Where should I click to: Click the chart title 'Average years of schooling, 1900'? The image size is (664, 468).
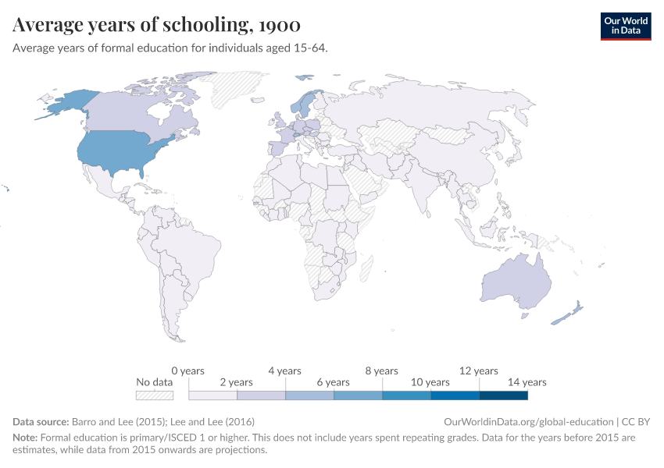click(156, 25)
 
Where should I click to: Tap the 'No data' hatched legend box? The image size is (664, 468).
click(154, 395)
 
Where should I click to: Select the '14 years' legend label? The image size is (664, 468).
click(527, 382)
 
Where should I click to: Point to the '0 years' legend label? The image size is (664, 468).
click(187, 370)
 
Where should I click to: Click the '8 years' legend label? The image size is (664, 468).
click(382, 370)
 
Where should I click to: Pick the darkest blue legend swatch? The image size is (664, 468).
click(503, 395)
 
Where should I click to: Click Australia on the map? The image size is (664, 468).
click(516, 281)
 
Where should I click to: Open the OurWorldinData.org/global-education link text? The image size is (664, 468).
click(527, 421)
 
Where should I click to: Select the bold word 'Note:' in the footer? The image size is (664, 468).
click(26, 438)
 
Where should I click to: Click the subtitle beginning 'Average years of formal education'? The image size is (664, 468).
click(170, 48)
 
